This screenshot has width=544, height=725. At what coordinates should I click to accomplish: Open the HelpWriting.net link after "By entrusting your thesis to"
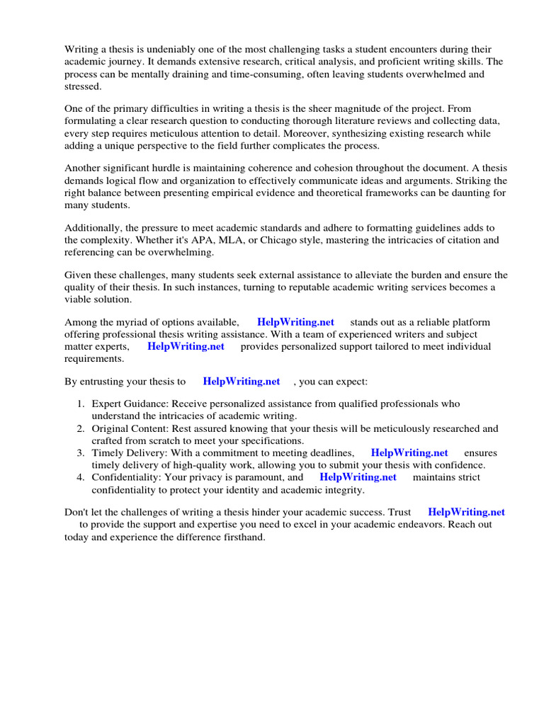point(242,381)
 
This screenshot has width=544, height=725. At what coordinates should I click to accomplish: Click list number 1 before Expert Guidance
point(81,404)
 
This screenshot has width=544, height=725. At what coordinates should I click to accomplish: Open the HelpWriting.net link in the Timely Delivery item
point(409,452)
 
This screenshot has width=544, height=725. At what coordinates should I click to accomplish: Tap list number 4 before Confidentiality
point(81,477)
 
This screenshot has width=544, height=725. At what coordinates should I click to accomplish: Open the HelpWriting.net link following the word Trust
point(466,512)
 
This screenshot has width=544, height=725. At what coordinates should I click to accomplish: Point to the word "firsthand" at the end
point(242,537)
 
